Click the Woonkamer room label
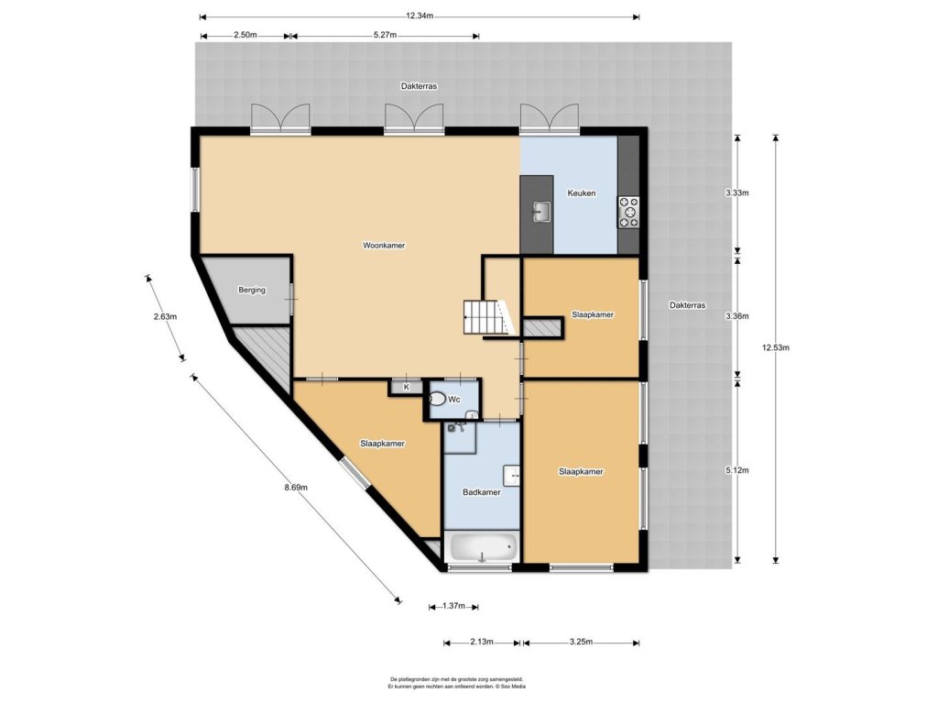pyautogui.click(x=384, y=246)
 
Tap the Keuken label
pyautogui.click(x=581, y=193)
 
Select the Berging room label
pyautogui.click(x=251, y=291)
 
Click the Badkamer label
pyautogui.click(x=482, y=492)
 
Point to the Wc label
pyautogui.click(x=454, y=400)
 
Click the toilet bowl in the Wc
pyautogui.click(x=438, y=399)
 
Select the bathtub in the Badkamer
pyautogui.click(x=484, y=546)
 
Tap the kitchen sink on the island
pyautogui.click(x=542, y=212)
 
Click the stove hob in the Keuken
pyautogui.click(x=628, y=213)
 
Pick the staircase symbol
pyautogui.click(x=489, y=317)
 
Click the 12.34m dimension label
pyautogui.click(x=420, y=16)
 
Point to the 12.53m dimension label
pyautogui.click(x=776, y=347)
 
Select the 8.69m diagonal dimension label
pyautogui.click(x=296, y=488)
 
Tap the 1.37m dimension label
pyautogui.click(x=453, y=606)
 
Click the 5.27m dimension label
pyautogui.click(x=386, y=35)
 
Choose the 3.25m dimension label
pyautogui.click(x=581, y=643)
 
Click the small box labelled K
pyautogui.click(x=406, y=387)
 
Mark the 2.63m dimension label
pyautogui.click(x=165, y=316)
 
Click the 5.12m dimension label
pyautogui.click(x=737, y=470)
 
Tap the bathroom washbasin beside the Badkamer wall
pyautogui.click(x=512, y=475)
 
